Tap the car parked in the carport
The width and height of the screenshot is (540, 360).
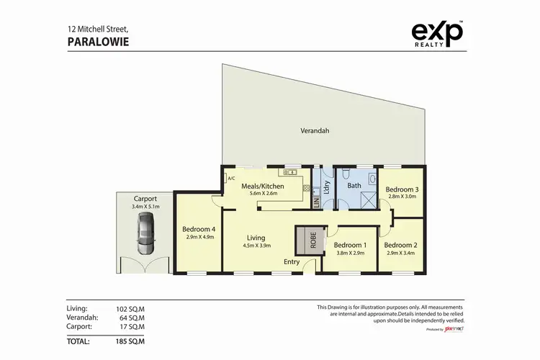[145, 236]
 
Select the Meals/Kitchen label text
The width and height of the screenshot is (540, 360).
[262, 186]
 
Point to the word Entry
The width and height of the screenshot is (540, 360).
[292, 262]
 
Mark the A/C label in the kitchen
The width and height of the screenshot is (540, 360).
[231, 179]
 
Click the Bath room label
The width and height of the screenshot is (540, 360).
[354, 186]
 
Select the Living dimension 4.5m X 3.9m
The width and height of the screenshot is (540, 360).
[256, 246]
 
